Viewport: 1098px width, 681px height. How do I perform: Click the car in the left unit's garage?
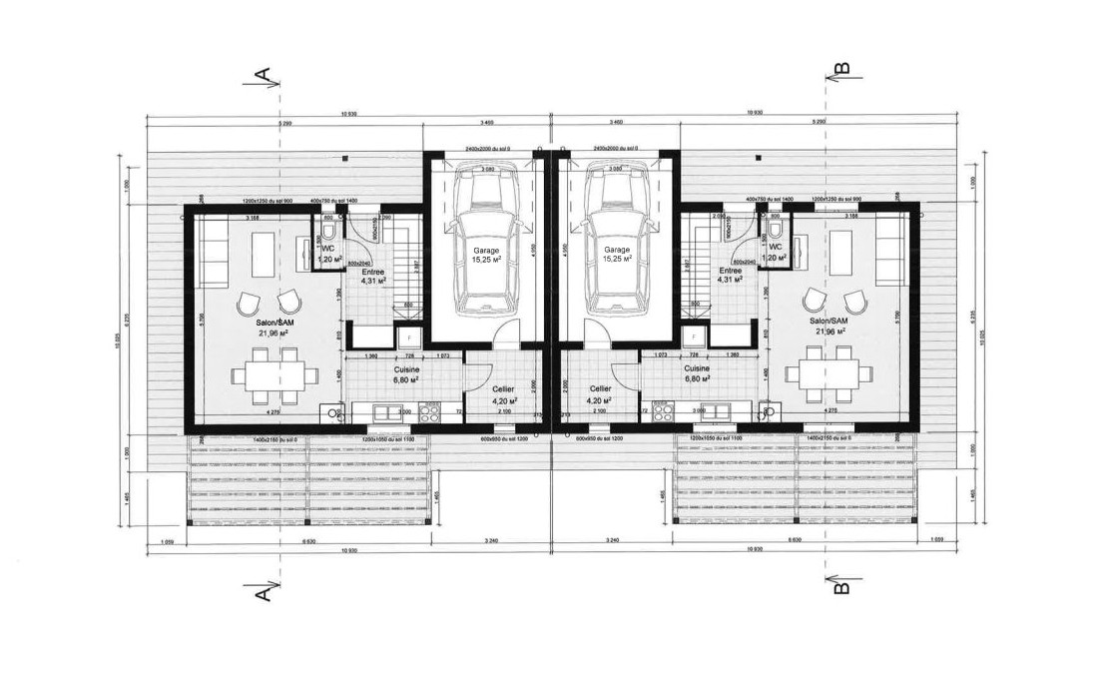pyautogui.click(x=485, y=240)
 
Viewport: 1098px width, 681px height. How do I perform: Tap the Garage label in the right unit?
pyautogui.click(x=616, y=250)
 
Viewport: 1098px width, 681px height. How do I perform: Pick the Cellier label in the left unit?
pyautogui.click(x=501, y=389)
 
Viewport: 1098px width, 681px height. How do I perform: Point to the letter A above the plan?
pyautogui.click(x=264, y=74)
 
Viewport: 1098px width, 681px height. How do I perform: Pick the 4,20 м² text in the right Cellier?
pyautogui.click(x=600, y=400)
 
